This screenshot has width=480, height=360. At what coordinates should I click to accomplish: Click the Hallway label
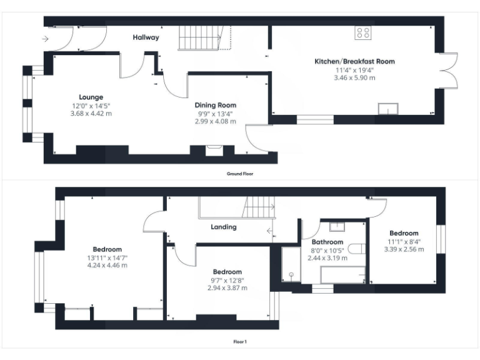pyautogui.click(x=146, y=37)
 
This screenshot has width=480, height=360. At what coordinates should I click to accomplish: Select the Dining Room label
pyautogui.click(x=215, y=105)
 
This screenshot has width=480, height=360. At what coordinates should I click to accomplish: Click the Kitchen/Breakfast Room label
pyautogui.click(x=354, y=61)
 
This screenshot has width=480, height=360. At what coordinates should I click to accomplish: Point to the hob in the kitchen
pyautogui.click(x=363, y=33)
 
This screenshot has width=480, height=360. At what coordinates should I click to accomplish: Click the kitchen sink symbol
pyautogui.click(x=388, y=109)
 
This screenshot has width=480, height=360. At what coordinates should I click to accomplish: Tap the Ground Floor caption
pyautogui.click(x=240, y=174)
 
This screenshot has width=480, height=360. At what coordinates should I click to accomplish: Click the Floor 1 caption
pyautogui.click(x=240, y=342)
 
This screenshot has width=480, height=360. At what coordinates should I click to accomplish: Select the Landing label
pyautogui.click(x=223, y=227)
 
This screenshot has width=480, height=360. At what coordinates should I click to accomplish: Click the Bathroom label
pyautogui.click(x=327, y=242)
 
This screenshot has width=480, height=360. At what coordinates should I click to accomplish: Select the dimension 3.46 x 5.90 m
pyautogui.click(x=354, y=78)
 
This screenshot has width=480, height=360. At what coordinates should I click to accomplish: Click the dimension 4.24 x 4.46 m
pyautogui.click(x=107, y=264)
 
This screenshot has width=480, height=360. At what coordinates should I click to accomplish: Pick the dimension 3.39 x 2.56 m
pyautogui.click(x=403, y=249)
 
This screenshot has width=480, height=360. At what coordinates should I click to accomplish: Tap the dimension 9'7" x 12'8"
pyautogui.click(x=227, y=280)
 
